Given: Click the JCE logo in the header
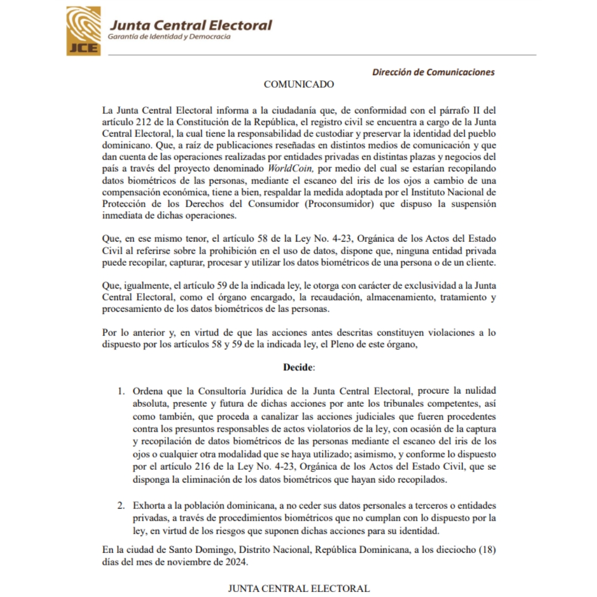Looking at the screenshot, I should tap(83, 30).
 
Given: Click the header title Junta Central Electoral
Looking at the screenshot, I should tap(190, 25).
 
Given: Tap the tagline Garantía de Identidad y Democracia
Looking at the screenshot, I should tap(169, 37).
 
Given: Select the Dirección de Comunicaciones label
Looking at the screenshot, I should tap(433, 72).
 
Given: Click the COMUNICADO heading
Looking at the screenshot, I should tap(298, 85).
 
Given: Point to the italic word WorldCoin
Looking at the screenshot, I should tap(291, 167).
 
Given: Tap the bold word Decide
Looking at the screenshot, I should tap(298, 367).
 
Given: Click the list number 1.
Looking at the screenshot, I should tap(120, 391).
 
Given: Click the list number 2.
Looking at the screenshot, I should tap(120, 506).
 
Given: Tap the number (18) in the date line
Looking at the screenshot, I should tap(485, 550).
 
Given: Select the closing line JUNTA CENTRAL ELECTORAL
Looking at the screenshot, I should tap(298, 588).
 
